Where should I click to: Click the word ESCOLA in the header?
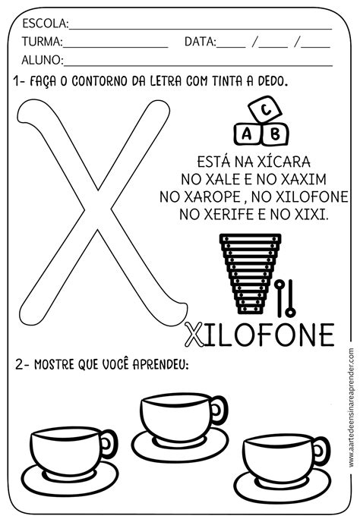(x=44, y=24)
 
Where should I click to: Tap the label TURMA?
(x=42, y=42)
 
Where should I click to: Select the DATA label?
(x=200, y=42)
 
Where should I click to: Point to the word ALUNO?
(x=42, y=60)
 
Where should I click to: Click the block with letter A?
(x=247, y=134)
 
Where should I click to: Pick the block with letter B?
(x=274, y=134)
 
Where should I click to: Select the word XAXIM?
(x=303, y=179)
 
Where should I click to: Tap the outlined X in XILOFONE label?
(x=194, y=335)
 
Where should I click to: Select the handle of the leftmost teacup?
(x=109, y=444)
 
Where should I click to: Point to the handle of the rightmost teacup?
(x=321, y=451)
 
